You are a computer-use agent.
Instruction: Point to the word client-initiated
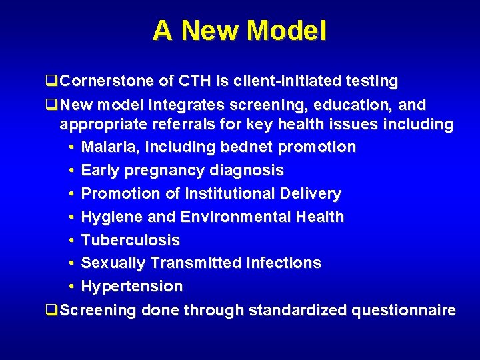click(x=281, y=81)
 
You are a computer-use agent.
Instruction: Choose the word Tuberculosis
click(x=130, y=240)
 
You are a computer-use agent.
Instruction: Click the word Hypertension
click(x=131, y=287)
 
